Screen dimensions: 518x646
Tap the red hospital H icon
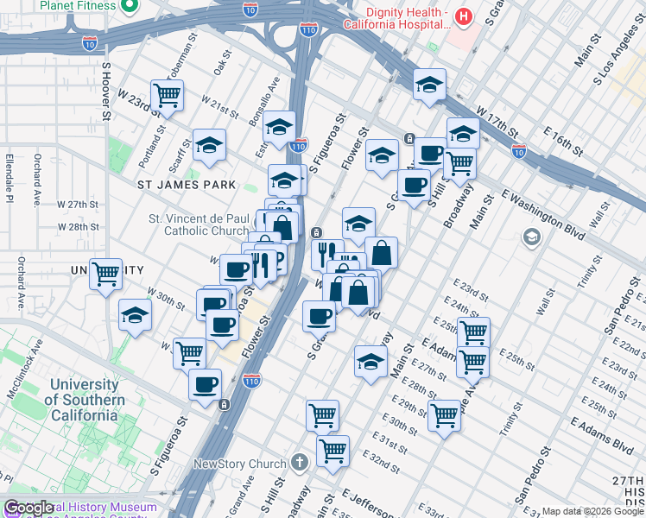point(464,16)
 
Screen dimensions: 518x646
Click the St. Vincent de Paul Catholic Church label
point(199,224)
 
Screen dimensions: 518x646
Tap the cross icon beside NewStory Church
point(299,463)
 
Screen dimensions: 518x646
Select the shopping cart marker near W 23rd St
point(166,94)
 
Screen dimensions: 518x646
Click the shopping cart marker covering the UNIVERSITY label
point(105,275)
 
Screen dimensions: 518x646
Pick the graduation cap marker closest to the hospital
point(428,85)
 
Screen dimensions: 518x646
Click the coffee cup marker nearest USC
point(205,385)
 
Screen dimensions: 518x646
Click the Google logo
point(29,509)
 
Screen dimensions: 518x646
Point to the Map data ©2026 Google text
point(592,511)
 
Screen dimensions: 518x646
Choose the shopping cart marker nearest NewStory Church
point(332,450)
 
